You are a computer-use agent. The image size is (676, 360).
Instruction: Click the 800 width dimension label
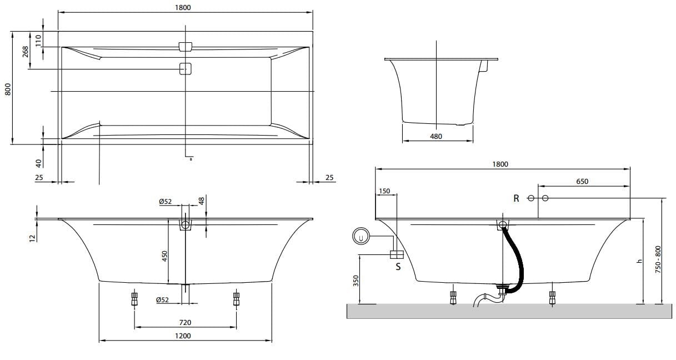[8, 88]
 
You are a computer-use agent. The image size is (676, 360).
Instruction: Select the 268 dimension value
[26, 53]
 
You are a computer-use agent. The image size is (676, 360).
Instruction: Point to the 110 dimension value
[38, 40]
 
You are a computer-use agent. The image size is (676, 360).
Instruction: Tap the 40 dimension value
[38, 163]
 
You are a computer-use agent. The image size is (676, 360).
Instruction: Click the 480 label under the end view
[436, 136]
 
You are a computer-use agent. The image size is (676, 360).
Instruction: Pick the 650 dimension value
[582, 181]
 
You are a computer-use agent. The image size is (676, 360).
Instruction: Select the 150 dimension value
[384, 191]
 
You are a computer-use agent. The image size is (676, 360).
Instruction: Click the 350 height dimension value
[356, 281]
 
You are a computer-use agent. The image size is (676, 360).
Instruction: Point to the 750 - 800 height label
[659, 259]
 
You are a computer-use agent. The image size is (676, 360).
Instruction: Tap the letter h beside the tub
[639, 261]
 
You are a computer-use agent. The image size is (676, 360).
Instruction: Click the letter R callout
[516, 198]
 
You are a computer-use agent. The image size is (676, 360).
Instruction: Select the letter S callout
[398, 266]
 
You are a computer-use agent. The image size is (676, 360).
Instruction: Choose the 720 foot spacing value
[185, 322]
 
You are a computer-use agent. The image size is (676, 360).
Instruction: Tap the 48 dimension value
[202, 201]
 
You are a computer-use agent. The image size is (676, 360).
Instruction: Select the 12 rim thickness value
[32, 237]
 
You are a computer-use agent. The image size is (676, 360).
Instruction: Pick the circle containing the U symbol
[362, 237]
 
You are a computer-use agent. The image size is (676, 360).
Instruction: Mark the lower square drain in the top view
[186, 69]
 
